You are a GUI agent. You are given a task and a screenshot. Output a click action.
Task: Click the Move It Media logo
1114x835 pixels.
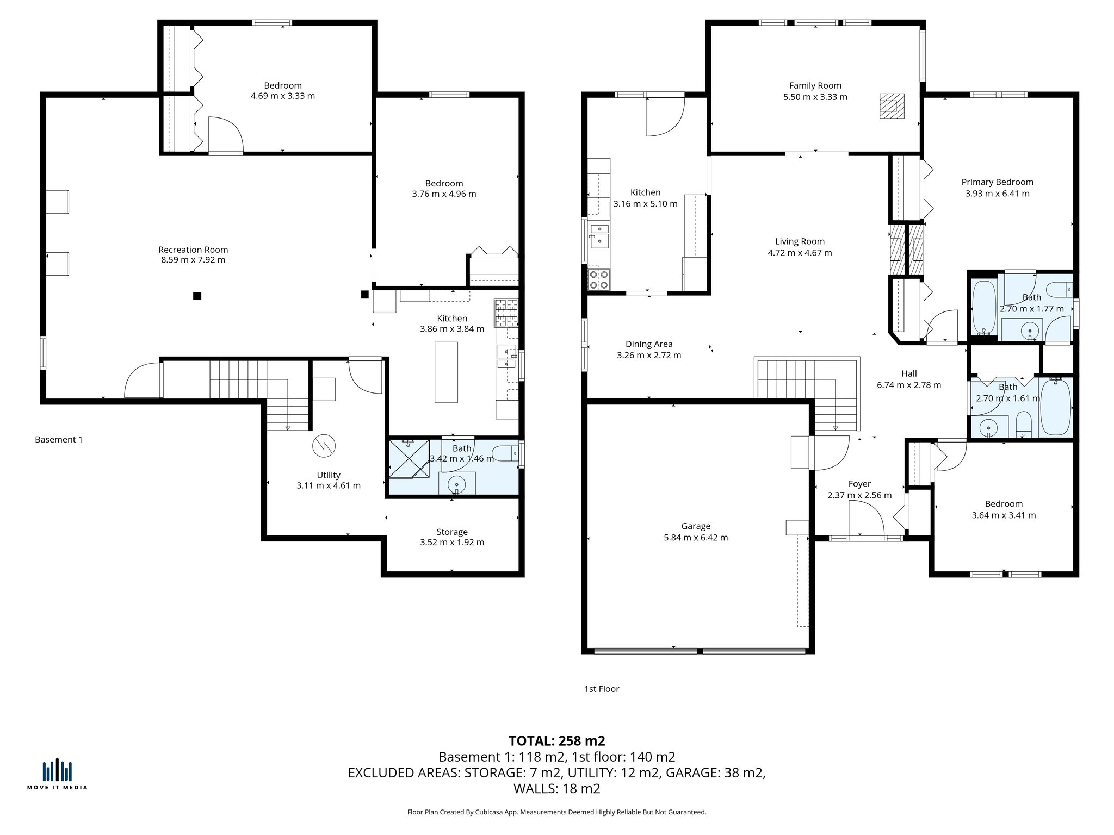(57, 772)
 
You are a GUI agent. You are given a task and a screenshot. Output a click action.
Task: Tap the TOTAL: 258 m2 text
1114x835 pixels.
(556, 741)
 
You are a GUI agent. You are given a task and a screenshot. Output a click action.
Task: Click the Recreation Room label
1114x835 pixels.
(193, 250)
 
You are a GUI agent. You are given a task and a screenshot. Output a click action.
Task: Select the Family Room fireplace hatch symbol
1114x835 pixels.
(892, 106)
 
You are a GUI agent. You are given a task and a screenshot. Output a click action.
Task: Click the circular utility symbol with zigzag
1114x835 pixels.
(324, 446)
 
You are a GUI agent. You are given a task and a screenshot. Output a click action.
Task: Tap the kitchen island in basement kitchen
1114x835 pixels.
(446, 372)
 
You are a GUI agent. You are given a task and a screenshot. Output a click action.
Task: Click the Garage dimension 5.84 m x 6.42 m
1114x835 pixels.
(696, 538)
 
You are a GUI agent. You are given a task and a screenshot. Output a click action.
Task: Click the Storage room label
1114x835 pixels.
(451, 532)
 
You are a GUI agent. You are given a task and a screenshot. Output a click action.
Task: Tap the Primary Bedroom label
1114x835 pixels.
(997, 182)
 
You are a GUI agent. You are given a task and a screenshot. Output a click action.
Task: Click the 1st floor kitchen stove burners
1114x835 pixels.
(598, 280)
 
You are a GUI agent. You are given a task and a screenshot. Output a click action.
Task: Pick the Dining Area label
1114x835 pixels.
(648, 344)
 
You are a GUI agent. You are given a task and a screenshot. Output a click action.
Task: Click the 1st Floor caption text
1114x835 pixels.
(602, 689)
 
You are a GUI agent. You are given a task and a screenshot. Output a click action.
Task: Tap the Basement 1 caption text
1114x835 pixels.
(59, 439)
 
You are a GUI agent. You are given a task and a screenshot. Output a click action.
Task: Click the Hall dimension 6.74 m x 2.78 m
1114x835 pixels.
(908, 385)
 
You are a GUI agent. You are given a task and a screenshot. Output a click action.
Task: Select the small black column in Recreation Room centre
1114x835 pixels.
(197, 296)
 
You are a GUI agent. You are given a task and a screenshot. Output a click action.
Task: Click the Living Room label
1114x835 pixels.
(800, 241)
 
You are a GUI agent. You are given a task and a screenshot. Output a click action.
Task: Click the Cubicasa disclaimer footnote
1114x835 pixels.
(556, 812)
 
